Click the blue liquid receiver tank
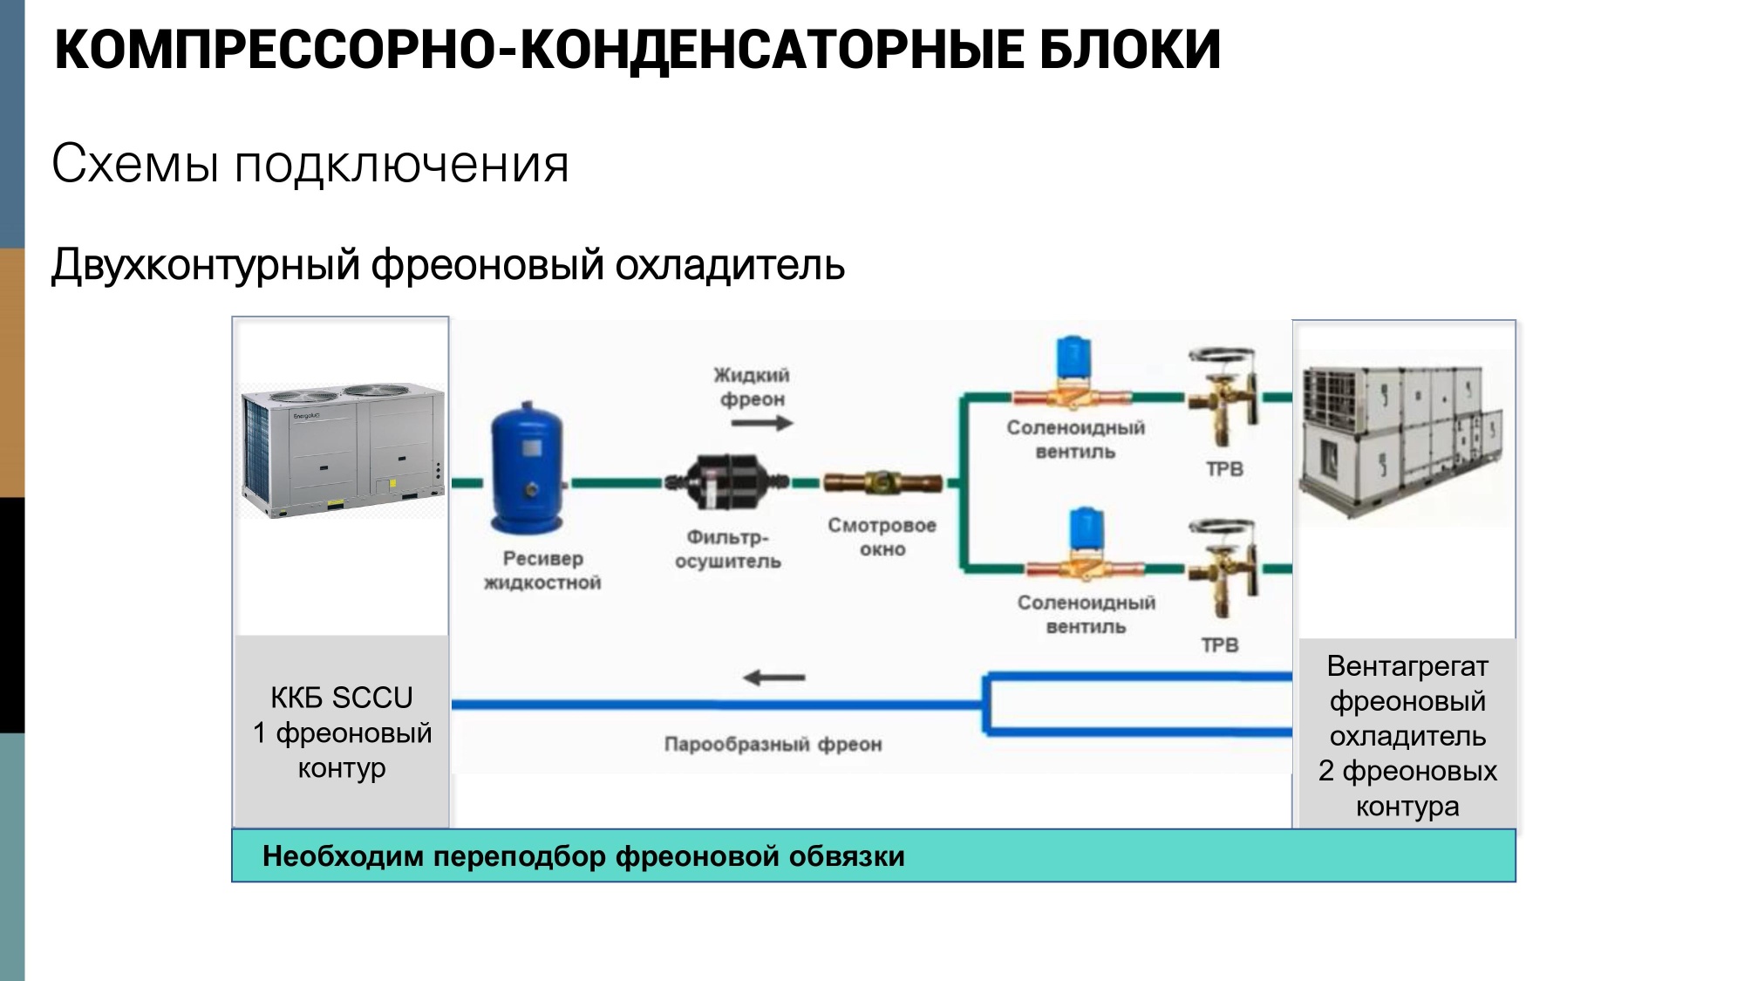[526, 469]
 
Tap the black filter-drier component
[726, 481]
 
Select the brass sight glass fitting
[882, 481]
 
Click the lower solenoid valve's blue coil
[1086, 528]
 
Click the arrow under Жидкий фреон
[761, 424]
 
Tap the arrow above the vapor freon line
[773, 678]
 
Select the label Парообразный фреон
[773, 745]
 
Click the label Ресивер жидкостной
[542, 570]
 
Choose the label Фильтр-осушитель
[727, 549]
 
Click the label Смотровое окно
[882, 537]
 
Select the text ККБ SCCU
[341, 698]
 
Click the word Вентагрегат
[1407, 666]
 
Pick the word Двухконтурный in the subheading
[205, 265]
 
